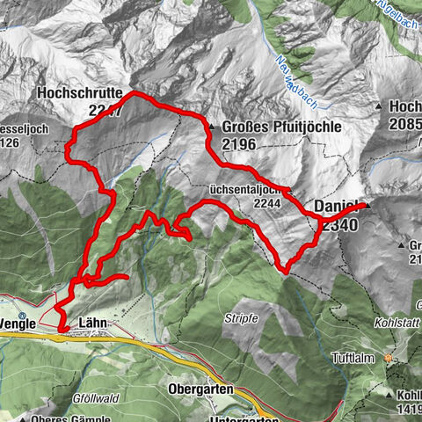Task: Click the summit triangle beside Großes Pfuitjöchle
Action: point(211,127)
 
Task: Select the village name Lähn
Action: point(92,322)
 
